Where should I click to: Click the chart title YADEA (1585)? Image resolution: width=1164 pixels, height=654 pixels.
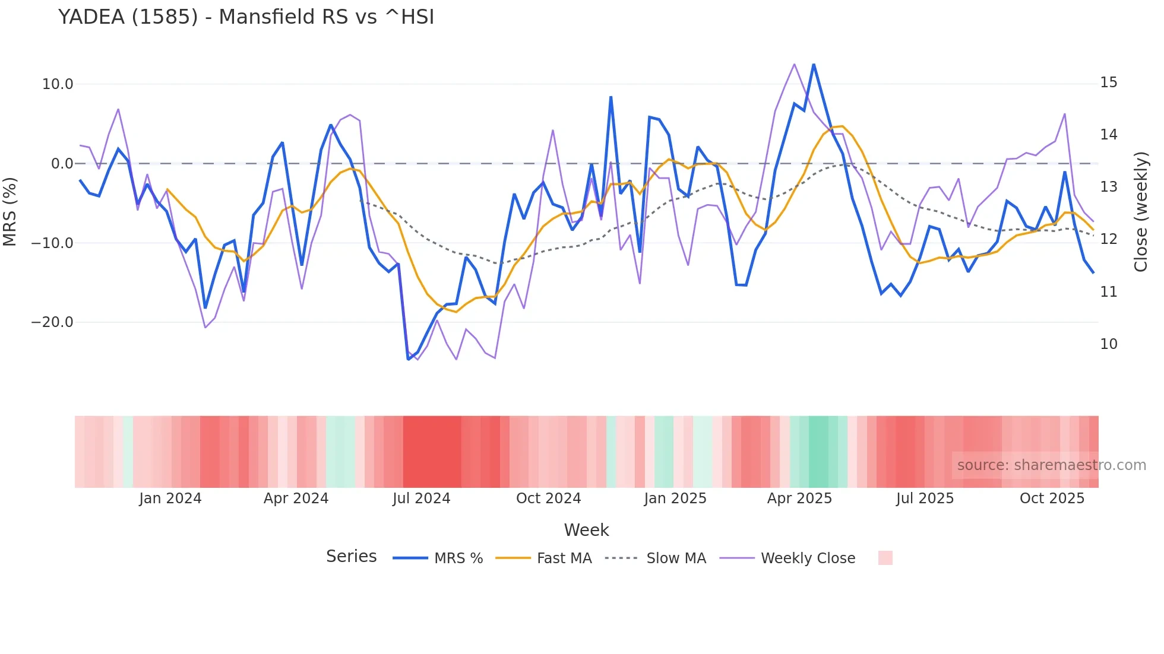point(246,17)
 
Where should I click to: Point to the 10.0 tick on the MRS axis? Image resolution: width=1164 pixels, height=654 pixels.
point(58,84)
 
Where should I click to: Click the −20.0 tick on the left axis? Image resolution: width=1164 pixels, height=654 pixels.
point(52,322)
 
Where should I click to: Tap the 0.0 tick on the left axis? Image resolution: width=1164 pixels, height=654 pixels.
point(62,164)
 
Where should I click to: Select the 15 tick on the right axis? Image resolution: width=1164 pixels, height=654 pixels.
point(1108,82)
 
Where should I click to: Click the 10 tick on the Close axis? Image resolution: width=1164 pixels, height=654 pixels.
point(1108,344)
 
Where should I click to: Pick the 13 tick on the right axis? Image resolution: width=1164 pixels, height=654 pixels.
point(1108,187)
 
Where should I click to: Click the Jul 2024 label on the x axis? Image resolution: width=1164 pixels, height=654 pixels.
point(421,499)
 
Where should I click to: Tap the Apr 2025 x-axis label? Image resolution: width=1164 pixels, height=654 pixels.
point(799,499)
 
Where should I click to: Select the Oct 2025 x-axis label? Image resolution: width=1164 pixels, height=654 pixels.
point(1052,499)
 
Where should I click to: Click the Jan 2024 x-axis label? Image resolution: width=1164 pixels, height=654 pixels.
point(170,499)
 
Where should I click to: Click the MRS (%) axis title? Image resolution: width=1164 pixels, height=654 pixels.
point(10,211)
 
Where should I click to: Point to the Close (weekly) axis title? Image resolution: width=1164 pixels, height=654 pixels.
point(1140,211)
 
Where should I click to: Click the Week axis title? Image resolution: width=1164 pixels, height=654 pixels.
point(586,530)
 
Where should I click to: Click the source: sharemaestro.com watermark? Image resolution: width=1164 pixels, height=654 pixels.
point(1051,465)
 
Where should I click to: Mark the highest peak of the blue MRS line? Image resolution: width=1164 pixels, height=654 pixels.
point(814,64)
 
